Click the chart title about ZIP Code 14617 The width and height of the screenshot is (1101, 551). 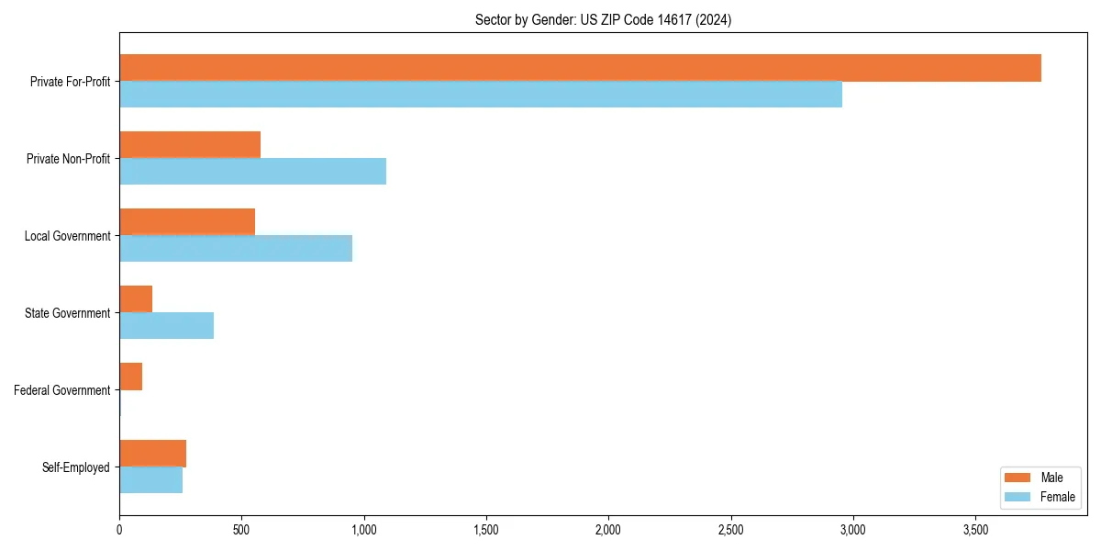[x=603, y=19]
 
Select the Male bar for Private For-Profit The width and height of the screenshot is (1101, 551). [x=580, y=68]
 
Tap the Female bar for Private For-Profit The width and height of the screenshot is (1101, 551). [x=481, y=95]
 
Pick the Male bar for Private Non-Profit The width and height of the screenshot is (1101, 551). [x=190, y=145]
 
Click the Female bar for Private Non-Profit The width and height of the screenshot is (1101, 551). [x=252, y=172]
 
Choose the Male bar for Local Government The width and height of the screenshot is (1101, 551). [x=187, y=222]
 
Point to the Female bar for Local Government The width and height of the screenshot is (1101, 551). [x=236, y=249]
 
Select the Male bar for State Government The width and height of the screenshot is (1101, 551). [x=136, y=299]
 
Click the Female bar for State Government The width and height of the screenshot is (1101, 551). [x=166, y=326]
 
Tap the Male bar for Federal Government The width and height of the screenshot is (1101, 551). [x=131, y=377]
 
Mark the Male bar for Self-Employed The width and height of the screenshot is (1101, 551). [x=152, y=454]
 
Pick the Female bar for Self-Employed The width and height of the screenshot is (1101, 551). [x=150, y=480]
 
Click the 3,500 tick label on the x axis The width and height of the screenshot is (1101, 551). [x=975, y=530]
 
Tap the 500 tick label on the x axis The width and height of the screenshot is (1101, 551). [x=241, y=530]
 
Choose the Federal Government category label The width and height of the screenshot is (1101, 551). [x=62, y=390]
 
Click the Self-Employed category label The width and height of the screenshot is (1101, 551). [x=76, y=467]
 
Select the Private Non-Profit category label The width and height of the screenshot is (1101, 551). [x=68, y=159]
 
